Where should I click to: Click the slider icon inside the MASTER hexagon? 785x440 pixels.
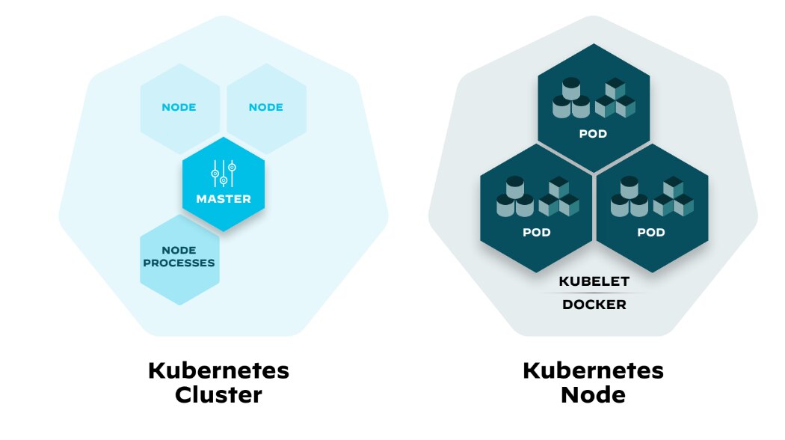click(224, 173)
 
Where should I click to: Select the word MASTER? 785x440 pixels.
click(224, 199)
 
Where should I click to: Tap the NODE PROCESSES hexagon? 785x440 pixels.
click(179, 257)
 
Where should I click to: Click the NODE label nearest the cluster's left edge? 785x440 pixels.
click(179, 107)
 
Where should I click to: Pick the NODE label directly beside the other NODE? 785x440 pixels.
click(265, 107)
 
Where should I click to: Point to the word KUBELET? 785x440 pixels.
click(594, 281)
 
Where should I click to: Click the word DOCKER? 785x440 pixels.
click(594, 305)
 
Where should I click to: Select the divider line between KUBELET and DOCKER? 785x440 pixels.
click(594, 293)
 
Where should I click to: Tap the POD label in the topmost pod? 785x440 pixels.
click(593, 135)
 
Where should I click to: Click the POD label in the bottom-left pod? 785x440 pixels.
click(536, 233)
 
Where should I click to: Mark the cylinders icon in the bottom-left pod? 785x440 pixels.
click(514, 197)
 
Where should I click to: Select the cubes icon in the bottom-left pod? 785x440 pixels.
click(558, 197)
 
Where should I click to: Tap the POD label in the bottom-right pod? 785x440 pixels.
click(650, 233)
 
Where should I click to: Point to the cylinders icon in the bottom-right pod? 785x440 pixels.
click(629, 197)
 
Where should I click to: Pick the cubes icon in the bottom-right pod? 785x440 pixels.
click(672, 197)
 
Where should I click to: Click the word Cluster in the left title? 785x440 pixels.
click(218, 394)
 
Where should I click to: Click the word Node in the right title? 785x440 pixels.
click(593, 394)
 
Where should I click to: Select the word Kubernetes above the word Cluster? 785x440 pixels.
click(218, 370)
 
